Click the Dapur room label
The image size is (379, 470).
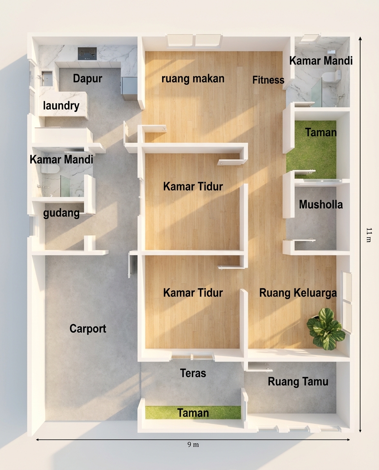(88, 78)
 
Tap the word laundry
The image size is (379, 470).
(61, 106)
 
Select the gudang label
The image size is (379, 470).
(61, 213)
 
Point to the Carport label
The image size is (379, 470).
(88, 329)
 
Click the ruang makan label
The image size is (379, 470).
(193, 78)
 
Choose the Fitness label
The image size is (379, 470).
(268, 80)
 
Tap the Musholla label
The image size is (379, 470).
(321, 204)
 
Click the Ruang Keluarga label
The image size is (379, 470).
(298, 293)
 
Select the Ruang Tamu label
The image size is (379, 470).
(298, 381)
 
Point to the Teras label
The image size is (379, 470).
(193, 373)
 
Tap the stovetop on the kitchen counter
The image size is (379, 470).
(87, 54)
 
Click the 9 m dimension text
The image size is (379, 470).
(193, 445)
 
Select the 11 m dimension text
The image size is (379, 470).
(369, 235)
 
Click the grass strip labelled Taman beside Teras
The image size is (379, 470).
(193, 412)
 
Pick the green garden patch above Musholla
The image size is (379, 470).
(311, 149)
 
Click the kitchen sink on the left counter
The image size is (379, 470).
(47, 78)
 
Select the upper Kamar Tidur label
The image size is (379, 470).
(193, 186)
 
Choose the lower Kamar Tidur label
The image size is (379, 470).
(193, 293)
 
